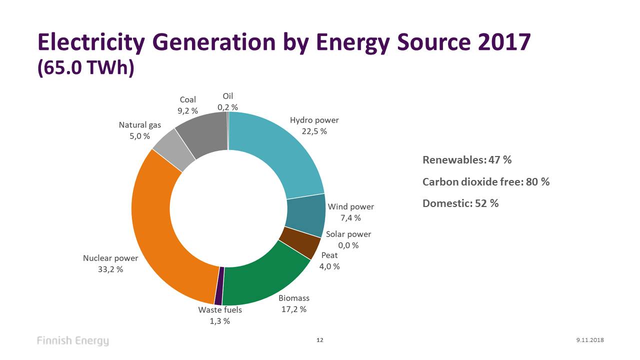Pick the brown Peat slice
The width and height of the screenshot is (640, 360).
[299, 242]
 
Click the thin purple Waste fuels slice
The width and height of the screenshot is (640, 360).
[219, 286]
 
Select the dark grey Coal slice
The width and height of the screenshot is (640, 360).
[205, 132]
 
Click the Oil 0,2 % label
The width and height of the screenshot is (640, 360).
[227, 101]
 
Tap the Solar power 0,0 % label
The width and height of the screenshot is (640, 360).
[348, 239]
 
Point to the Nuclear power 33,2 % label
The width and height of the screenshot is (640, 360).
[110, 263]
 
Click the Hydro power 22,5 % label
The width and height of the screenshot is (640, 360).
[314, 125]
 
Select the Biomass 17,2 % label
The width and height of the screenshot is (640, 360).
[294, 303]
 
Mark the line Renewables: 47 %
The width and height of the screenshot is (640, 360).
[467, 160]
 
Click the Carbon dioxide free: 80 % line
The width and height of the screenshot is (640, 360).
[485, 181]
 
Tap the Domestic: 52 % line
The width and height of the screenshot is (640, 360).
[460, 203]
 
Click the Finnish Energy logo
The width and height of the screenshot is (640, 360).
[72, 341]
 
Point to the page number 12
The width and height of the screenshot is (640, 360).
[320, 340]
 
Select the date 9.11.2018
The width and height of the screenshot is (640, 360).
[590, 340]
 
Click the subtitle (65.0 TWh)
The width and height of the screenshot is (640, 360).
[85, 68]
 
